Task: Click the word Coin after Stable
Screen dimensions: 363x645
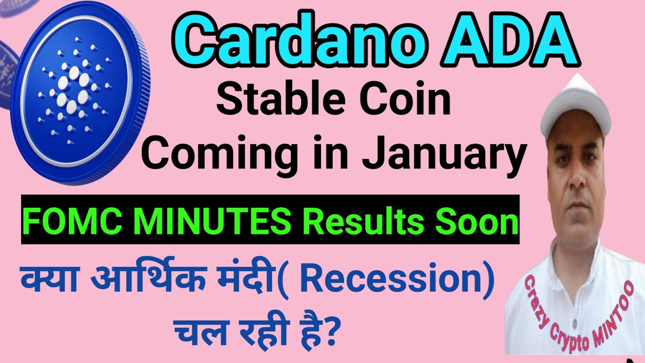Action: [x=401, y=100]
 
